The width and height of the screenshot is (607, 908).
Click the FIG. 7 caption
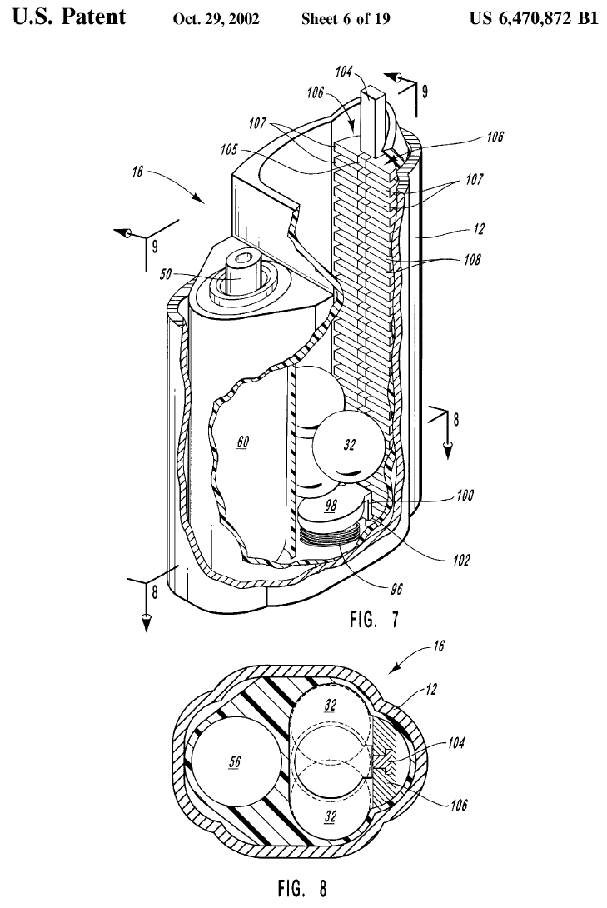point(374,619)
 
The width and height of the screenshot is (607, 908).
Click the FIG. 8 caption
point(302,888)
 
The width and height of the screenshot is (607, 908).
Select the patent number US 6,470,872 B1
point(533,18)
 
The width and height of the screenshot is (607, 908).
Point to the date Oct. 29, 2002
point(216,19)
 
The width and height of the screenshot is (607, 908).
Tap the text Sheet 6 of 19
point(346,19)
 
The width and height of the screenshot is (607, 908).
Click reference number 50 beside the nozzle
point(166,273)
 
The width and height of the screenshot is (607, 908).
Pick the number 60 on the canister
point(243,442)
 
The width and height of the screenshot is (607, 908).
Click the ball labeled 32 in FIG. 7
point(348,446)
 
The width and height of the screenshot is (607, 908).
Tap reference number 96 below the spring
point(396,590)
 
